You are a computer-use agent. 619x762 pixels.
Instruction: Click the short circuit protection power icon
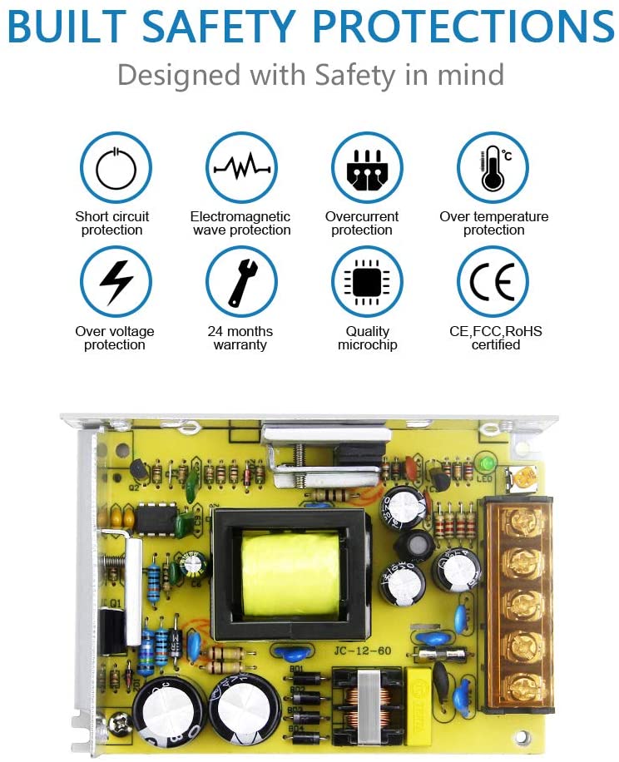[x=116, y=168]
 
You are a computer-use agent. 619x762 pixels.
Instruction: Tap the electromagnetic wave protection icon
[x=241, y=168]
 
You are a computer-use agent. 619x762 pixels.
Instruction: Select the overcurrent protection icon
[x=367, y=168]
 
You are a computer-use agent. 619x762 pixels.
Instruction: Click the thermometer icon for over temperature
[x=493, y=168]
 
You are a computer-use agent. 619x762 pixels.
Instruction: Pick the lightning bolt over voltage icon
[x=116, y=282]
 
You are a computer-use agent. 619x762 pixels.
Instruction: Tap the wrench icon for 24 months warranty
[x=241, y=282]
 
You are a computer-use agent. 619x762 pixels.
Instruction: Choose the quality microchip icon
[x=367, y=282]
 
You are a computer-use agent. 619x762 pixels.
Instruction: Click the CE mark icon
[x=493, y=282]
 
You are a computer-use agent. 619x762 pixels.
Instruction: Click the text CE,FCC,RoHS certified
[x=495, y=338]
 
